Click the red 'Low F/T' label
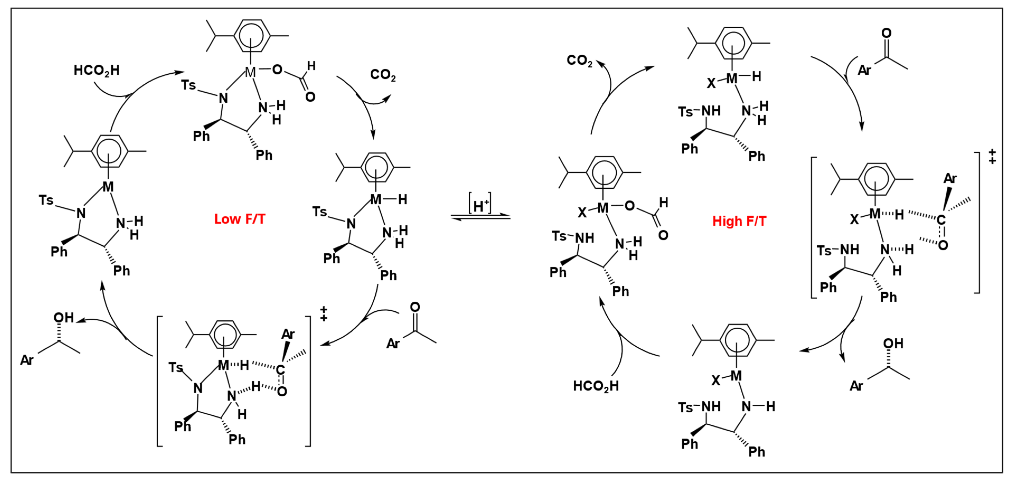(x=239, y=219)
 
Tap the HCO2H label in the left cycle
(x=96, y=70)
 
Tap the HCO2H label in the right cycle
(x=596, y=386)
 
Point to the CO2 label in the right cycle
(x=579, y=60)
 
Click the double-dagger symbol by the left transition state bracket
(x=323, y=313)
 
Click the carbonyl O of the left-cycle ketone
(x=415, y=307)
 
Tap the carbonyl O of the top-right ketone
(x=886, y=33)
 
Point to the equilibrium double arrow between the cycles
(x=480, y=217)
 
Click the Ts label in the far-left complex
(x=46, y=200)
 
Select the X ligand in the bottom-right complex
(x=716, y=380)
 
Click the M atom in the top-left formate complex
(x=250, y=72)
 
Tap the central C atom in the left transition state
(x=280, y=369)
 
